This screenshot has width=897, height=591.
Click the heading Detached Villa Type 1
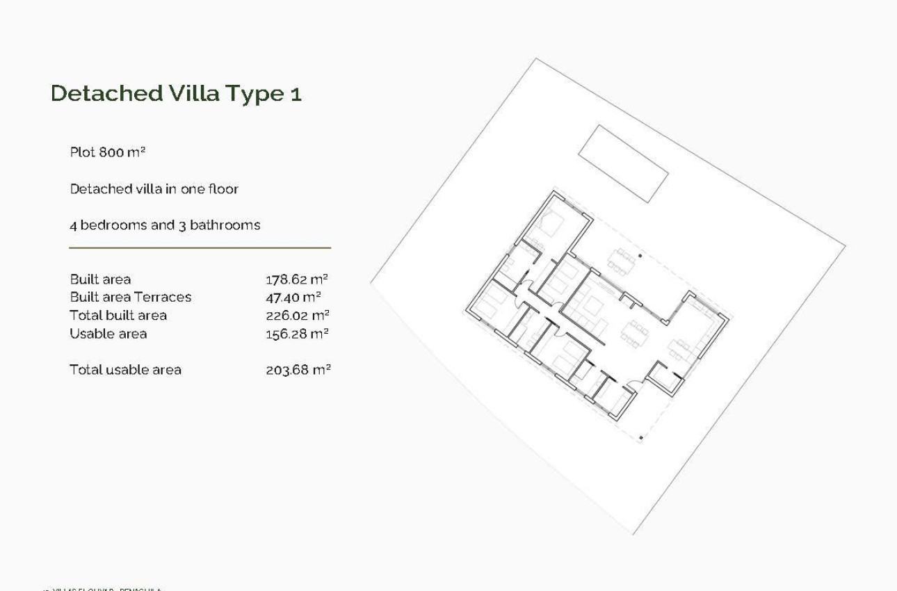(176, 93)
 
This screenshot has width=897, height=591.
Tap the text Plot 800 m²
(107, 152)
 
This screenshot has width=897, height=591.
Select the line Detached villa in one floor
(154, 188)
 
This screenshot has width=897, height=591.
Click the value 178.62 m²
(297, 280)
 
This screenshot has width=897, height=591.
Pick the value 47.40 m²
(293, 298)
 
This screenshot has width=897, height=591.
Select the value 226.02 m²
(297, 316)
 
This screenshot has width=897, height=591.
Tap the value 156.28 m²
(297, 334)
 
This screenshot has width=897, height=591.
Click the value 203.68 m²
(298, 370)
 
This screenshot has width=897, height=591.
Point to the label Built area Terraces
(130, 298)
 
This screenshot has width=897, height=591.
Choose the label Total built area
(118, 316)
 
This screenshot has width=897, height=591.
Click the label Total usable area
(125, 370)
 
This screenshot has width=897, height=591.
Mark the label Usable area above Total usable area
(108, 334)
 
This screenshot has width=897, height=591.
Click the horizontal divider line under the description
(200, 248)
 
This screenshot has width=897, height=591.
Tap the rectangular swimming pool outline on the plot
(623, 163)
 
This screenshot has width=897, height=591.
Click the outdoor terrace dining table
(621, 261)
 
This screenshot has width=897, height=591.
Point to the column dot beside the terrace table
(640, 256)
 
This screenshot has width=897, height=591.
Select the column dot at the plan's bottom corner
(640, 438)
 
